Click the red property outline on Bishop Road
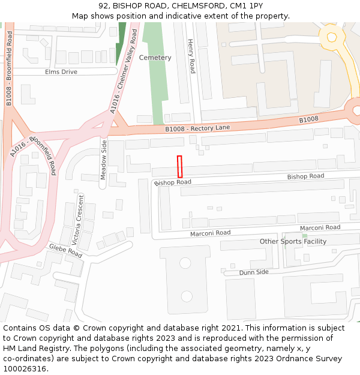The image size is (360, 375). click(x=179, y=166)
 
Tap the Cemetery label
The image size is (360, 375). click(x=155, y=58)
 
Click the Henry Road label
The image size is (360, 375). click(x=191, y=56)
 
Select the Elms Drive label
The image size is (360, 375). click(x=61, y=72)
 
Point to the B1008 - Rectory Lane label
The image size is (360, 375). click(x=197, y=128)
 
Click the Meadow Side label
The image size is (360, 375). click(x=103, y=160)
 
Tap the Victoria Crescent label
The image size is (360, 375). click(x=78, y=218)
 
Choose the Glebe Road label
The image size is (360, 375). click(x=65, y=251)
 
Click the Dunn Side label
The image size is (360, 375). click(x=254, y=272)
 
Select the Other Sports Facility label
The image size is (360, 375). click(x=293, y=241)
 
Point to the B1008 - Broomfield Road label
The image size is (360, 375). click(x=10, y=70)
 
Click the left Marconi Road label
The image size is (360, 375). click(x=210, y=233)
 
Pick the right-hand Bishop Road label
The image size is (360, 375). click(x=305, y=176)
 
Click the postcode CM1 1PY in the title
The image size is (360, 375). click(x=242, y=6)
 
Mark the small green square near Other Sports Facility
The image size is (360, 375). click(x=304, y=236)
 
